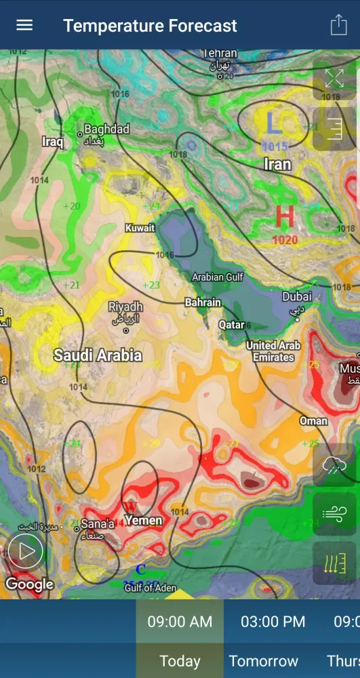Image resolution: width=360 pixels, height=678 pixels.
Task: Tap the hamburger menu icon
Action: click(x=24, y=25)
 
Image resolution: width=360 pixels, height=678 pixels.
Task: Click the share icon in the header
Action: click(x=338, y=25)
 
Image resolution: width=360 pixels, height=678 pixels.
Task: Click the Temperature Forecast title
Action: click(x=150, y=26)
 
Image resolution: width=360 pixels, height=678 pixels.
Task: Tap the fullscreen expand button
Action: click(x=334, y=78)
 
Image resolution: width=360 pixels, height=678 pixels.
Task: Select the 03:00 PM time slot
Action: click(x=273, y=621)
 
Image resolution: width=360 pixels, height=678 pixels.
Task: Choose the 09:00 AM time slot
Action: click(x=180, y=621)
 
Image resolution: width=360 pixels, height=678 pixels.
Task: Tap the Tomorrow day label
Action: click(x=263, y=660)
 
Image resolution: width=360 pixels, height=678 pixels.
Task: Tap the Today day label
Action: click(x=180, y=660)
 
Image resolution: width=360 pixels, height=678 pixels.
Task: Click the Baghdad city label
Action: click(x=106, y=129)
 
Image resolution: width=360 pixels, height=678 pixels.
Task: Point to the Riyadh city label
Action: click(x=125, y=307)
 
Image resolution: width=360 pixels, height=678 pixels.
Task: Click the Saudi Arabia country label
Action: click(x=98, y=355)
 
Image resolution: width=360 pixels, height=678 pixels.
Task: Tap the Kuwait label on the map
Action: click(x=140, y=228)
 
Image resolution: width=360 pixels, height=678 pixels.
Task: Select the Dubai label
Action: click(x=297, y=296)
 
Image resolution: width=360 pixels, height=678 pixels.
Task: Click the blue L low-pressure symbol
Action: click(x=273, y=123)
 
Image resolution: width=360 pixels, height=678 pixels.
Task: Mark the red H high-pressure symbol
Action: click(x=285, y=217)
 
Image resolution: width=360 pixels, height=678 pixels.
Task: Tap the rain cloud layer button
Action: click(x=334, y=466)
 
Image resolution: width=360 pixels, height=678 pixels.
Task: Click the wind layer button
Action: click(x=334, y=514)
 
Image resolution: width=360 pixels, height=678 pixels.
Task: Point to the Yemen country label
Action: click(x=144, y=520)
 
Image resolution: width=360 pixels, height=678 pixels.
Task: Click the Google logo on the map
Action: click(x=29, y=584)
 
